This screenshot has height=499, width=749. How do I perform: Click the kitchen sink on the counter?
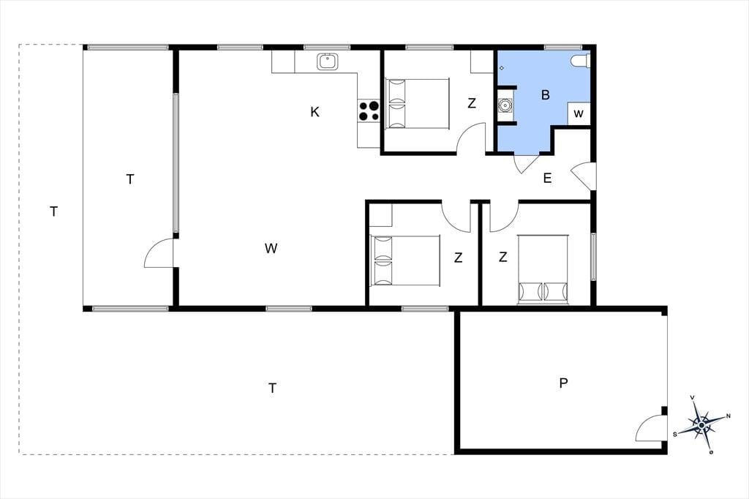pos(328,61)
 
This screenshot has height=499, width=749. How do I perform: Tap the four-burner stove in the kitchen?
pos(369,111)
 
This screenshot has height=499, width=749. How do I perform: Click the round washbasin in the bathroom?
pos(505,104)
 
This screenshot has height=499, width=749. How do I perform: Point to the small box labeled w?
pos(579,113)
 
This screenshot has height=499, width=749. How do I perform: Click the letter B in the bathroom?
pos(546,95)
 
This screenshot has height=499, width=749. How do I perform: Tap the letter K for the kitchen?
pos(315,112)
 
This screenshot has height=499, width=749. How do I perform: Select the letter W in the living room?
pos(271,248)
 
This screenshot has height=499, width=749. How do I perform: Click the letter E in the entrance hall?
pos(547,179)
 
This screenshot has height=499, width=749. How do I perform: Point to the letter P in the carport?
pos(564,383)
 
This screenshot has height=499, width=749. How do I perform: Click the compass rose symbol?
pos(701,424)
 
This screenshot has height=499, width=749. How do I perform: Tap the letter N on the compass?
pos(728,416)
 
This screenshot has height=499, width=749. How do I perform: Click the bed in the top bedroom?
pos(418,104)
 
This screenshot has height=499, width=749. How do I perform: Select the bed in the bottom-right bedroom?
pos(543,269)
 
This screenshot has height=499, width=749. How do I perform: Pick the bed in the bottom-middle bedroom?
pos(405,260)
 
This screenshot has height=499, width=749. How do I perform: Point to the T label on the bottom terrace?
pos(272,388)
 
